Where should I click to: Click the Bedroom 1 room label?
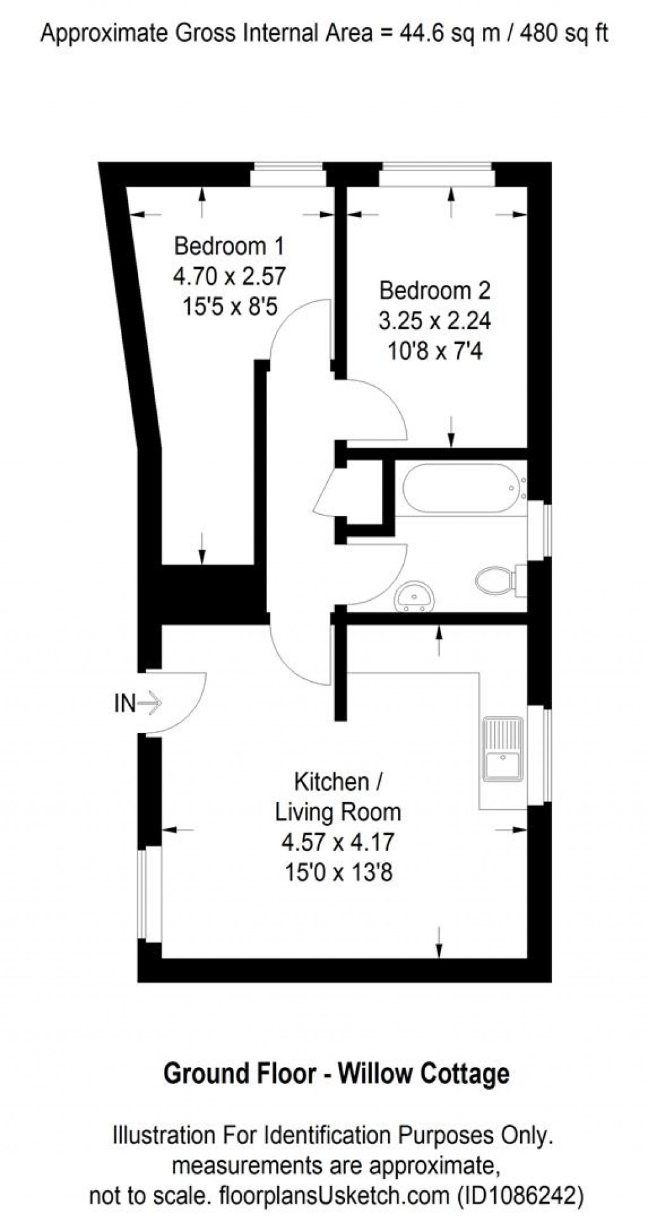(229, 246)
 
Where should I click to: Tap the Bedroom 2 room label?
(435, 291)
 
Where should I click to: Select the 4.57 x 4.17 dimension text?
(338, 843)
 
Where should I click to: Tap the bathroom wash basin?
(414, 597)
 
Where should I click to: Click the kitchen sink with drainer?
(504, 749)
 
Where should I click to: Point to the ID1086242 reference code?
(520, 1195)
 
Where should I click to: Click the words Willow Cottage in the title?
(423, 1074)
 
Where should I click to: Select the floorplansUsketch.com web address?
(333, 1195)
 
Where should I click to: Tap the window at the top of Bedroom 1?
(288, 175)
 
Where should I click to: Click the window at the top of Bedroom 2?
(437, 175)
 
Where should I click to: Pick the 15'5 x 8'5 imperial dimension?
(230, 307)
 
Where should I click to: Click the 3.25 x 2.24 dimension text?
(435, 321)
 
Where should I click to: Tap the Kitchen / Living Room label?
(338, 797)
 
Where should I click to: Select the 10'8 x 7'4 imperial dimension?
(435, 351)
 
